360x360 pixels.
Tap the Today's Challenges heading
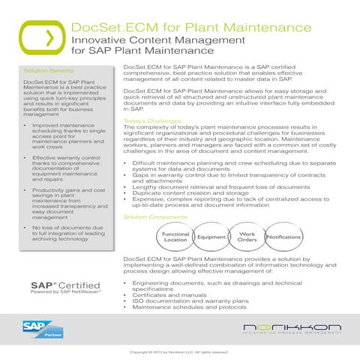point(150,121)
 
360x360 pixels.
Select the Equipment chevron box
point(211,237)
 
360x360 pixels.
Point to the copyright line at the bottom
point(178,352)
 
